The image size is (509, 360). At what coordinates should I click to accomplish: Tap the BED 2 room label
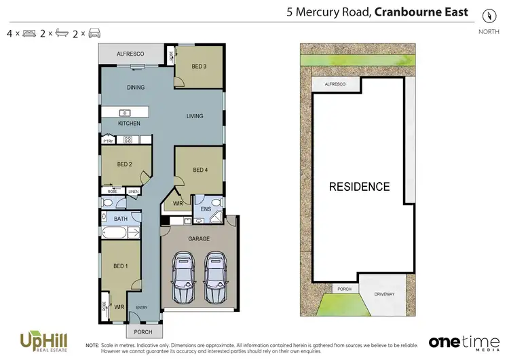[x=124, y=164]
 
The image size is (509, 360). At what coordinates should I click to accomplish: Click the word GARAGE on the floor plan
[x=199, y=239]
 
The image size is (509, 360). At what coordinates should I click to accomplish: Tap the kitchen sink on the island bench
[x=126, y=113]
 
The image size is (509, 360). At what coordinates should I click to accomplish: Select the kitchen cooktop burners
[x=127, y=140]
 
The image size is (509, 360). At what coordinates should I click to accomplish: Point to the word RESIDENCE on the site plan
[x=359, y=187]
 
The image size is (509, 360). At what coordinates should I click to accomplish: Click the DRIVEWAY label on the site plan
[x=383, y=294]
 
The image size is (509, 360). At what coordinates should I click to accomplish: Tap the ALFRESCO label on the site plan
[x=335, y=84]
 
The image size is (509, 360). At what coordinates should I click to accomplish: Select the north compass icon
[x=488, y=16]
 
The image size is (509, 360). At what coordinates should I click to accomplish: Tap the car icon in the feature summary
[x=95, y=33]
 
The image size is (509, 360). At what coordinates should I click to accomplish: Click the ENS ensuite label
[x=206, y=210]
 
